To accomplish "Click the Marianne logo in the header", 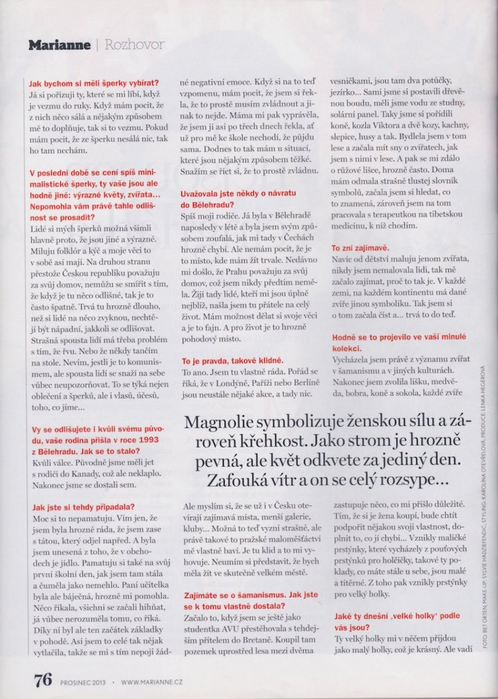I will [x=59, y=46].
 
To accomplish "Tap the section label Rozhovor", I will [x=134, y=46].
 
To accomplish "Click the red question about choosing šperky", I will [x=94, y=82].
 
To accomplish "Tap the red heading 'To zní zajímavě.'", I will [x=360, y=247].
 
